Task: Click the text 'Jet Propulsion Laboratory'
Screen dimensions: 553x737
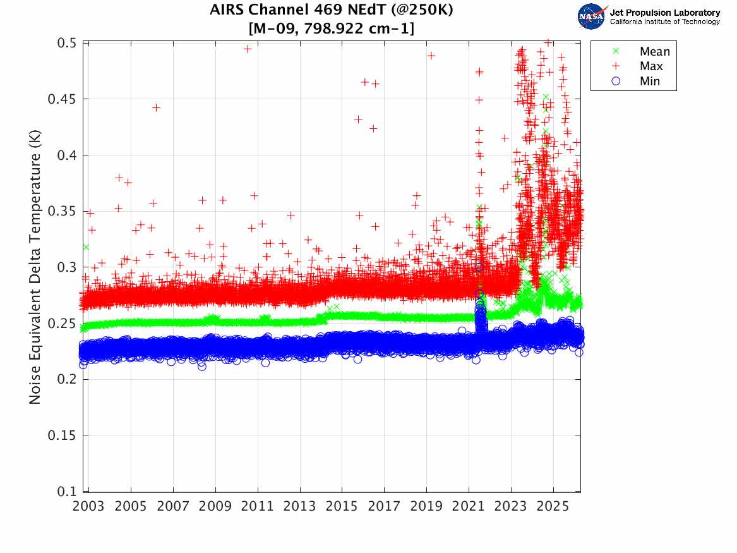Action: (x=664, y=12)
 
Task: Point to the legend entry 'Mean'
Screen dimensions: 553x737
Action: (x=654, y=51)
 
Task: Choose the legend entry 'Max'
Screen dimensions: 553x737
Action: (x=651, y=66)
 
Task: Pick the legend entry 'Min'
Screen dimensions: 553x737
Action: (x=650, y=81)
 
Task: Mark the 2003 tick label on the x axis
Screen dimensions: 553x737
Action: (x=88, y=506)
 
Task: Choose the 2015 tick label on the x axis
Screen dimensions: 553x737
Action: (x=342, y=506)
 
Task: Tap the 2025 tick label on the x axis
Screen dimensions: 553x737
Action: (x=553, y=506)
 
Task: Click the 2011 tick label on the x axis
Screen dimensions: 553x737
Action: (x=257, y=506)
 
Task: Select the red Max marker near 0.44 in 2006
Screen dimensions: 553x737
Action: (x=156, y=107)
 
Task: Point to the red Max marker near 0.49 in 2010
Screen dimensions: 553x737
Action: (x=248, y=49)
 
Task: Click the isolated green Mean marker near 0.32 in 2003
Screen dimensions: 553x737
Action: (x=85, y=246)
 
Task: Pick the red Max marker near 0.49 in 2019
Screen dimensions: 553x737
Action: (x=431, y=56)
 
